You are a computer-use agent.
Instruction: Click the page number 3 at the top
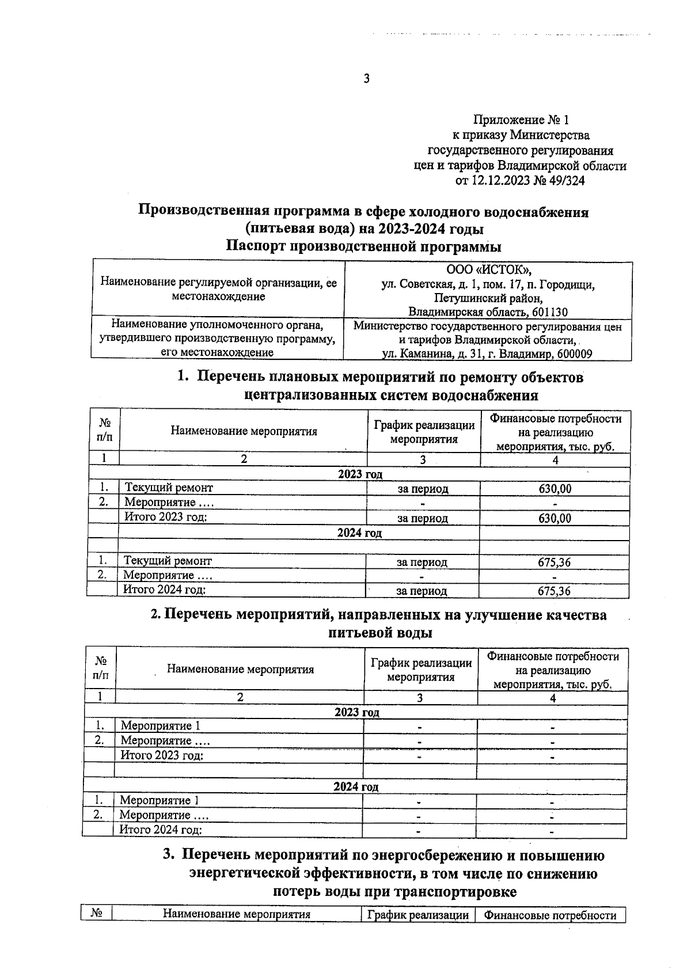366,79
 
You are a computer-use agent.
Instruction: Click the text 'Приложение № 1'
521,120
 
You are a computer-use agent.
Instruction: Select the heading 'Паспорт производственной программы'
363,247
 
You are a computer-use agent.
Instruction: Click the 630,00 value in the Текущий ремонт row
555,489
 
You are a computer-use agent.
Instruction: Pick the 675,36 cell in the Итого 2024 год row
554,591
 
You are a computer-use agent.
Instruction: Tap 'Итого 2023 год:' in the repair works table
166,517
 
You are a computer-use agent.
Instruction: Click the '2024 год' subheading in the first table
359,533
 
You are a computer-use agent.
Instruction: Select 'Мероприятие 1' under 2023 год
161,726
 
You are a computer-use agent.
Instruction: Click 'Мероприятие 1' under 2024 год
160,800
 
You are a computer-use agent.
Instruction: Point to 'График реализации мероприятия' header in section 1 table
424,432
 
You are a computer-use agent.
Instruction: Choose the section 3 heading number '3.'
168,855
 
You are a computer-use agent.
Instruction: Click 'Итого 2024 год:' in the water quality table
160,830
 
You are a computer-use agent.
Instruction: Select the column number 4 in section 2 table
553,698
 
